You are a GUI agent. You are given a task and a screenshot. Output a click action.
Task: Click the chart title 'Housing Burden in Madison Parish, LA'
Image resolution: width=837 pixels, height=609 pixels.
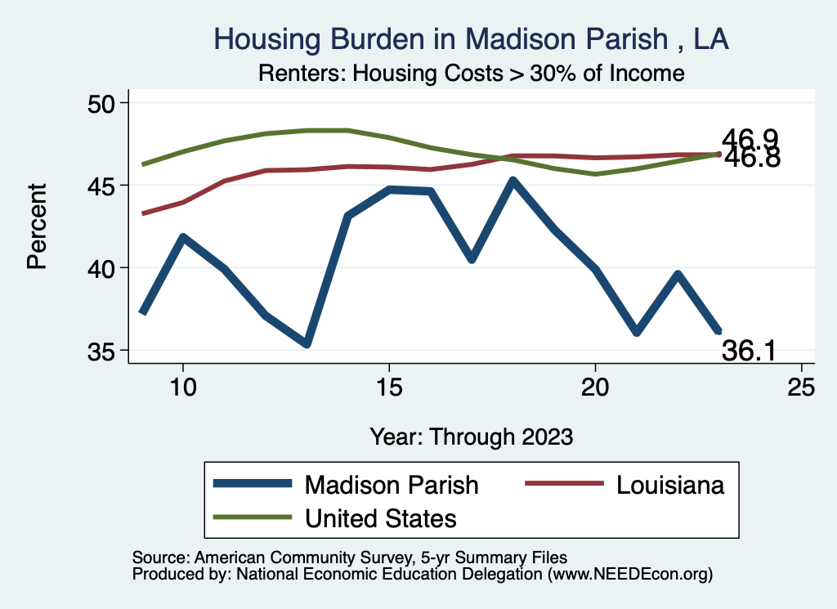[x=471, y=38]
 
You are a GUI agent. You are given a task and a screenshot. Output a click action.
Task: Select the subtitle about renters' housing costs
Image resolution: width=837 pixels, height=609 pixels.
[x=471, y=73]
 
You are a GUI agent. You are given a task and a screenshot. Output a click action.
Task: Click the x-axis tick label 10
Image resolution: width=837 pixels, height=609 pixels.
[x=183, y=387]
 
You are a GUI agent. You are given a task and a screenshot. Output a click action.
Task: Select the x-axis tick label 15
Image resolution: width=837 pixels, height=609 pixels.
[x=389, y=387]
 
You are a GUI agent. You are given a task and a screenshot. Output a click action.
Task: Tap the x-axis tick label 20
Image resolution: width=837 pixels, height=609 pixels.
[x=595, y=387]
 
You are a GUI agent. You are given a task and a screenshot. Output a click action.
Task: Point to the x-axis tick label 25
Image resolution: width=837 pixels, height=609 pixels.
[x=801, y=387]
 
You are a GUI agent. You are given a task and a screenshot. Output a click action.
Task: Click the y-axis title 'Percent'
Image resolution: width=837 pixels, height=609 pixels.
[x=37, y=226]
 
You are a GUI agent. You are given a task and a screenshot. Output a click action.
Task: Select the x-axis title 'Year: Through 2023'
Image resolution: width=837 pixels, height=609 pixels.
[x=471, y=436]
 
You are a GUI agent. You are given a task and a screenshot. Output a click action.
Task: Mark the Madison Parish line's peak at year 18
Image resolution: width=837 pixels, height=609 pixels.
[x=512, y=181]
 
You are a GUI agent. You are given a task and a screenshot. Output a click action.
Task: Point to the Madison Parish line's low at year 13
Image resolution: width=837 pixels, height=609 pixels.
[x=307, y=344]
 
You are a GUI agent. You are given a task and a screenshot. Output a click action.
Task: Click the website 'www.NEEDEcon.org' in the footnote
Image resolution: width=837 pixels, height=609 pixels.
[x=629, y=575]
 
